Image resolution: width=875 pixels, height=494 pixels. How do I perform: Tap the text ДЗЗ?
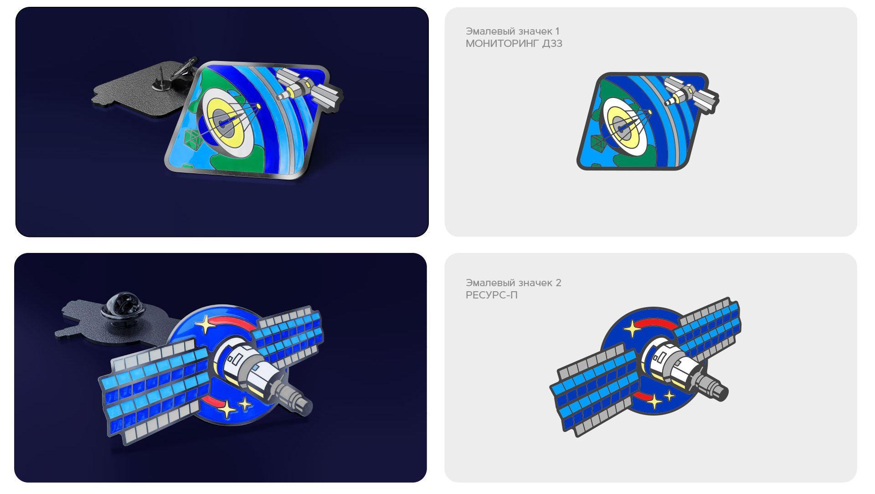(552, 44)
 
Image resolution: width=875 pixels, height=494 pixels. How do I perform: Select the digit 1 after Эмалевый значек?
(557, 31)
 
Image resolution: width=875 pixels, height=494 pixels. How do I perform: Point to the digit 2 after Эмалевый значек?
(558, 283)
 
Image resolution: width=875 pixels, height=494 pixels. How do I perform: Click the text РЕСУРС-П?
(492, 295)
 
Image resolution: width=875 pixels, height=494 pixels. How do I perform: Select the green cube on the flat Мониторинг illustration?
(598, 142)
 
